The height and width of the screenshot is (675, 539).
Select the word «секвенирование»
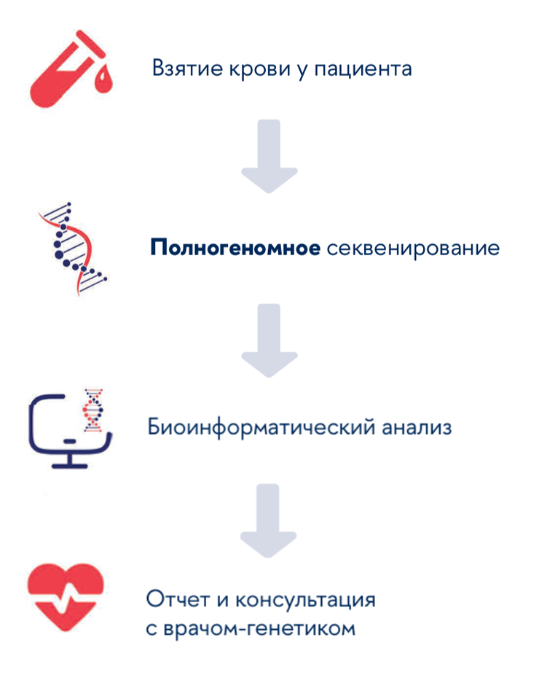click(413, 249)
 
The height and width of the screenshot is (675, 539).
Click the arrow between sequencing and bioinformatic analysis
click(269, 340)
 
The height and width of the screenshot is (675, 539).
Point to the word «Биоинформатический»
click(259, 426)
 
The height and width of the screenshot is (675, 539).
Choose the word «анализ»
click(417, 426)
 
